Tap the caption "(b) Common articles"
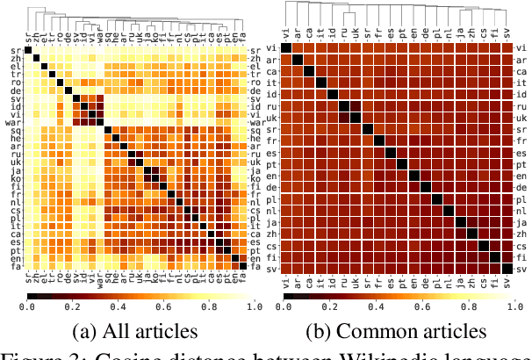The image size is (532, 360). [x=397, y=330]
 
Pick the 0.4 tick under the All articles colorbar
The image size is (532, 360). [x=117, y=308]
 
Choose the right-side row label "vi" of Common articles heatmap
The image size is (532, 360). [x=519, y=47]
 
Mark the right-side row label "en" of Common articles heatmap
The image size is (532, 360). [x=519, y=176]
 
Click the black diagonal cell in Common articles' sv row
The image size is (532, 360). [x=506, y=269]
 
